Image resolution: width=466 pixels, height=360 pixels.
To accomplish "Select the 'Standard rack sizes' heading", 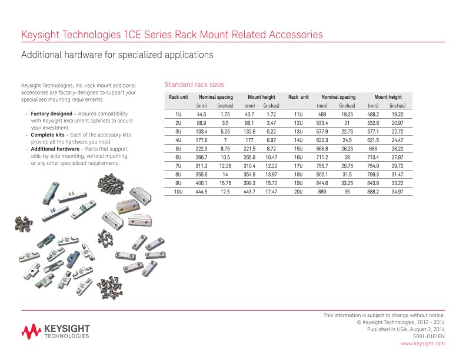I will click(x=194, y=85).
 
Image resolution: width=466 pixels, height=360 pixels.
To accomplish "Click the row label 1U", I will click(x=178, y=114).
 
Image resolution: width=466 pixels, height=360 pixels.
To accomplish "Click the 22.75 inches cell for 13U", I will click(x=347, y=131).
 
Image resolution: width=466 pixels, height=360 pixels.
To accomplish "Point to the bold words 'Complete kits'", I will click(x=48, y=135).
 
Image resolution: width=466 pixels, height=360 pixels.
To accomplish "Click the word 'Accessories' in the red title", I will click(x=292, y=35).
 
